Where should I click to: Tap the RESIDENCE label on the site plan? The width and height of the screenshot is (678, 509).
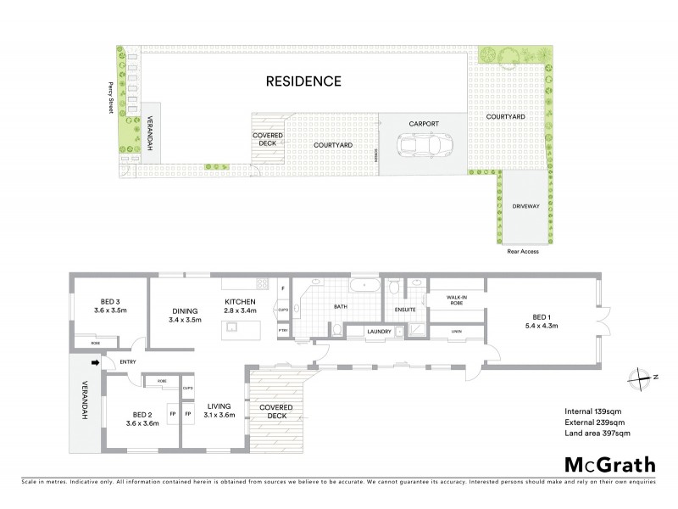point(303,81)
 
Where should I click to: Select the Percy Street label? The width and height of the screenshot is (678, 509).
point(110,97)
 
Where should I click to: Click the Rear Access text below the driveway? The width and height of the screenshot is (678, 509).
point(522,251)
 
